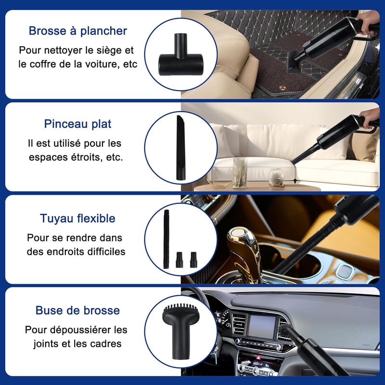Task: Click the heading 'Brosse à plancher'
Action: pyautogui.click(x=78, y=31)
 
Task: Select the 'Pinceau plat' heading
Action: pyautogui.click(x=77, y=124)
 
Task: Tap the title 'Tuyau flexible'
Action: pyautogui.click(x=77, y=218)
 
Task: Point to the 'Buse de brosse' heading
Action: pyautogui.click(x=77, y=310)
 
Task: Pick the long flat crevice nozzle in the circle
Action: pyautogui.click(x=180, y=148)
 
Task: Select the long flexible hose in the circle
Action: pyautogui.click(x=167, y=239)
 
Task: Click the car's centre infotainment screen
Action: pyautogui.click(x=262, y=327)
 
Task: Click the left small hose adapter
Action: pyautogui.click(x=179, y=259)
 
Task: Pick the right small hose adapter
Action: pyautogui.click(x=193, y=259)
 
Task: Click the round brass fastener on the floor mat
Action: pyautogui.click(x=282, y=87)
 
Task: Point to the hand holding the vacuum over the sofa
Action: pyautogui.click(x=369, y=117)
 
